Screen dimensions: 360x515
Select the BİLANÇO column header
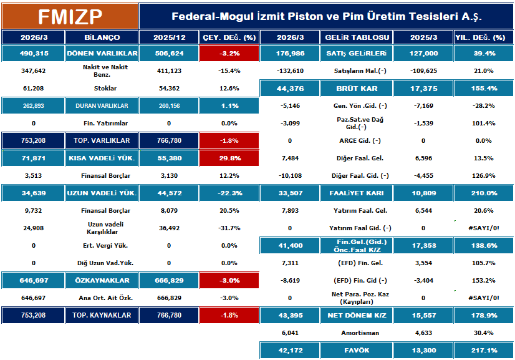(102, 37)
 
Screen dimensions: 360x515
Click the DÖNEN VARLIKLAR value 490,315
(33, 54)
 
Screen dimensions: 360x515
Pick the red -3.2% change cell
(229, 54)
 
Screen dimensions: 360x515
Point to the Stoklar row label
(102, 89)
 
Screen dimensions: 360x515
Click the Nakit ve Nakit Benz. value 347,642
(33, 71)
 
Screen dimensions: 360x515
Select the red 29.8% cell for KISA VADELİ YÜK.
(229, 158)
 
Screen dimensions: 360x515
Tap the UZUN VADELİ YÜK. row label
(102, 193)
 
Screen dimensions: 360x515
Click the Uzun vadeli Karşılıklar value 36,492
(169, 228)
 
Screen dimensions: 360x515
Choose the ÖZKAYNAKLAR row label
(102, 281)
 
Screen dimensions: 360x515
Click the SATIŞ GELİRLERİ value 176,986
(289, 54)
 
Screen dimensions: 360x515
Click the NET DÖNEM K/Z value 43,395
(289, 316)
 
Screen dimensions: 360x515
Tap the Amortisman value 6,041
(289, 333)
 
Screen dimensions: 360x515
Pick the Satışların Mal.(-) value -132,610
(289, 71)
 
